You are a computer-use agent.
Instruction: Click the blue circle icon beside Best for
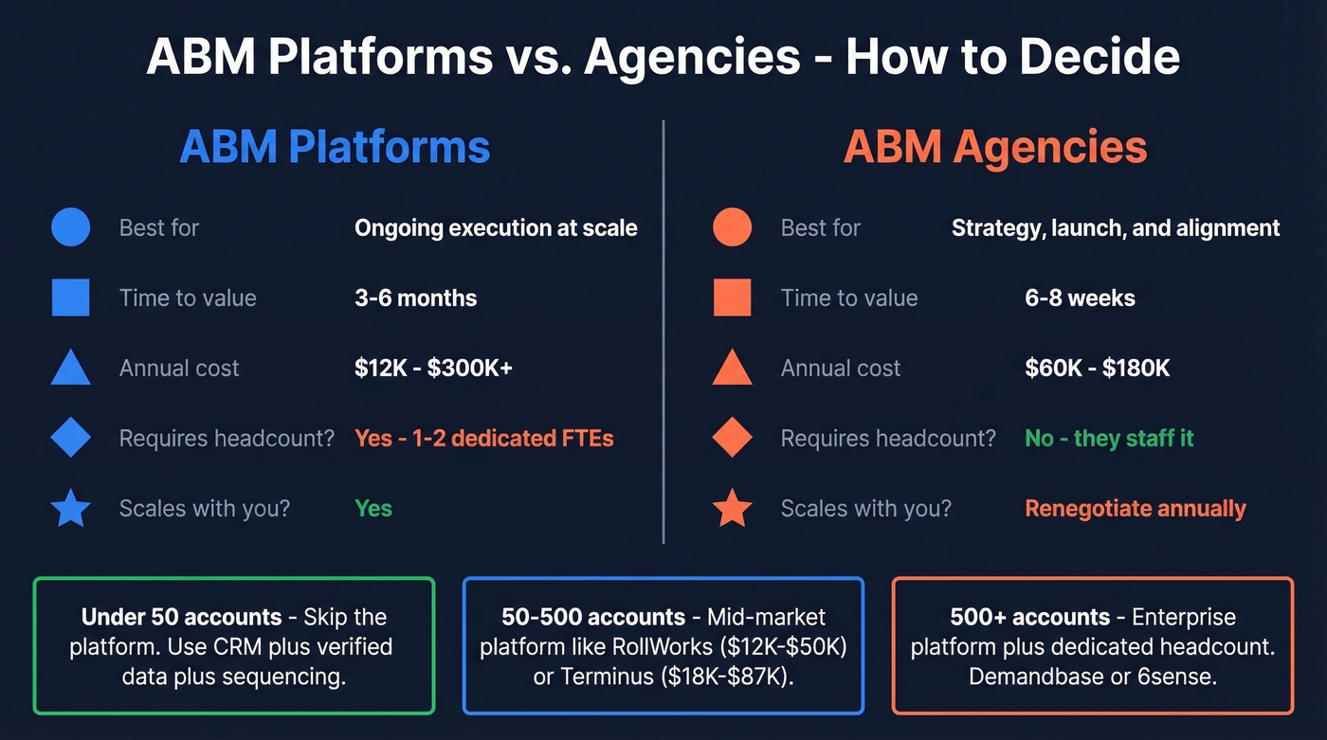tap(70, 227)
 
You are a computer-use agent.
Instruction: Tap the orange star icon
tap(732, 509)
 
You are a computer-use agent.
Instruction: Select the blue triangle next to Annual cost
tap(70, 369)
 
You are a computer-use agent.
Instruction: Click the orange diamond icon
tap(732, 439)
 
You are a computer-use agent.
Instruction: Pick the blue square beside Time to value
tap(70, 298)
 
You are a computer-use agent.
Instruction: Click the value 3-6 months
tap(415, 298)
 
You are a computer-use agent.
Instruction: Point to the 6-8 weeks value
tap(1080, 298)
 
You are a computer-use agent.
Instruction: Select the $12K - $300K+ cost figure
tap(433, 369)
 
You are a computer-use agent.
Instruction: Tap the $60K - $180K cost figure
tap(1098, 369)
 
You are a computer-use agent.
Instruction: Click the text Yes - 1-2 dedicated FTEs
tap(483, 439)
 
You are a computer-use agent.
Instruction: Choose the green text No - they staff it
tap(1109, 439)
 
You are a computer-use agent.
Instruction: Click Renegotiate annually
tap(1136, 509)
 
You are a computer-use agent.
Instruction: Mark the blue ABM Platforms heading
tap(335, 148)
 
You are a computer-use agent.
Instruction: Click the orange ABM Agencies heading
tap(995, 148)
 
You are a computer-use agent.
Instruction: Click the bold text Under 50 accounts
tap(181, 618)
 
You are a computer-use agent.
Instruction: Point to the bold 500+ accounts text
tap(1029, 618)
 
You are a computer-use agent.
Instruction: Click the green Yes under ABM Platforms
tap(373, 509)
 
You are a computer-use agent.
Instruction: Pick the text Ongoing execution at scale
tap(496, 228)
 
